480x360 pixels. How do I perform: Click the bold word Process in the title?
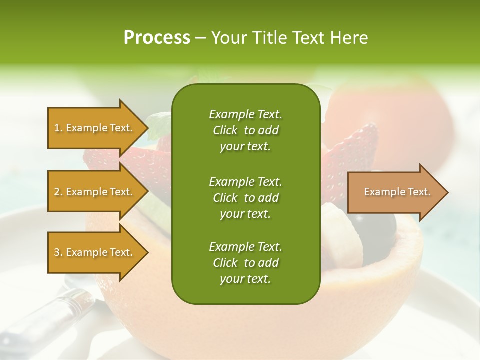tap(157, 38)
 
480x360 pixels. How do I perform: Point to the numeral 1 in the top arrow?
tap(57, 128)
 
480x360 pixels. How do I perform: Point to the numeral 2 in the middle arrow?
tap(57, 192)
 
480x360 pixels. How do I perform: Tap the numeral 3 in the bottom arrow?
tap(57, 252)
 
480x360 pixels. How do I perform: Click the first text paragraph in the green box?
tap(245, 130)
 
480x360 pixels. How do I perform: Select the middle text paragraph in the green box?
tap(245, 198)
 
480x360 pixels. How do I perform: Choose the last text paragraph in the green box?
tap(245, 263)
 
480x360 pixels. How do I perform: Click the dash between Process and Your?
tap(201, 38)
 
